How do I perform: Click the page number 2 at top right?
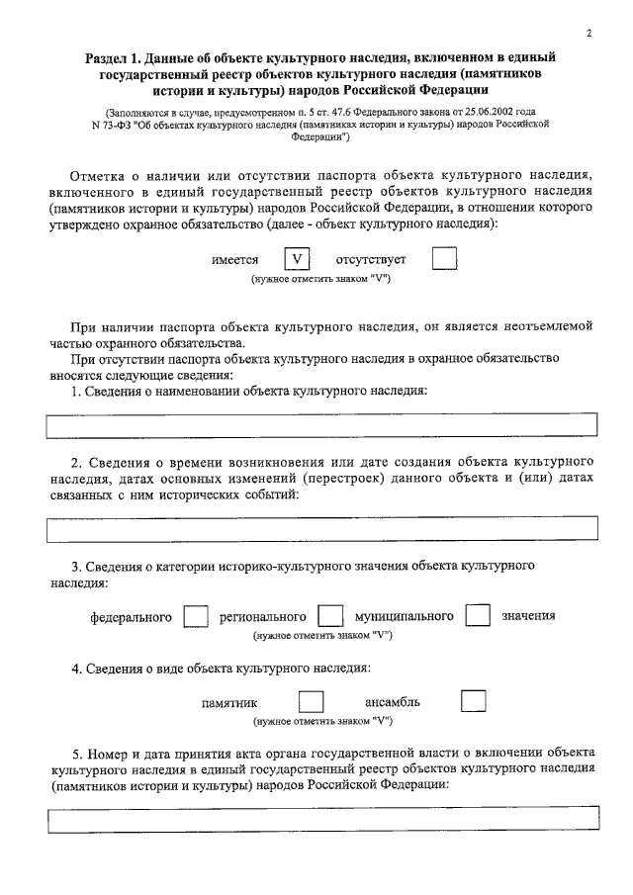(588, 33)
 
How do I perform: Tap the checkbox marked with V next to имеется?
(296, 259)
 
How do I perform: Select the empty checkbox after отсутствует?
(446, 259)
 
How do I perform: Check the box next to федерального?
(196, 616)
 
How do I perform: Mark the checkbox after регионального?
(330, 616)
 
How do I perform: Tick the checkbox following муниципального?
(478, 616)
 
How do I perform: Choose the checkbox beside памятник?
(312, 702)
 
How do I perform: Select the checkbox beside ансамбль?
(474, 702)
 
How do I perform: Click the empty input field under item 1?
(322, 425)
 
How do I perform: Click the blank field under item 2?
(322, 528)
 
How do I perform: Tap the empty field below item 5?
(322, 820)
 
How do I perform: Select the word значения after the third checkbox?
(528, 616)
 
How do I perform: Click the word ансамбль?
(394, 702)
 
